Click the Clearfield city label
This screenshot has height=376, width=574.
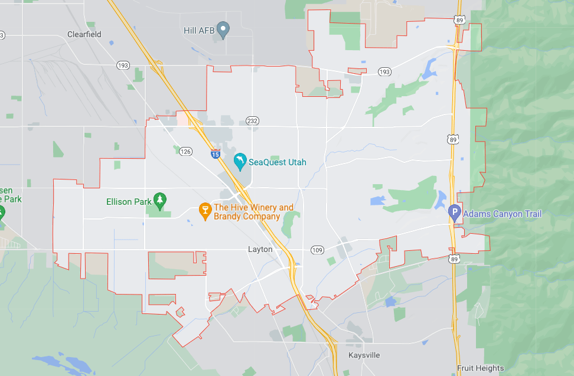(84, 34)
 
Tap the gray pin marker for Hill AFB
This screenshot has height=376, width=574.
(223, 29)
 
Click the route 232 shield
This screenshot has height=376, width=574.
(253, 121)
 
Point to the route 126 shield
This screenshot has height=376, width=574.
(186, 151)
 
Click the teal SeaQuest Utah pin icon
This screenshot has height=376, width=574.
(240, 161)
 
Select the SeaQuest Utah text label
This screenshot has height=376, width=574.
(278, 162)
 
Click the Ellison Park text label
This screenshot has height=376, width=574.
(129, 202)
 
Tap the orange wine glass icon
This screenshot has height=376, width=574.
(205, 211)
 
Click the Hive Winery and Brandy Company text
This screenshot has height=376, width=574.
(253, 212)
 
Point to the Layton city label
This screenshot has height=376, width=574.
(260, 250)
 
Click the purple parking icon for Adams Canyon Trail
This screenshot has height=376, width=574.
(455, 212)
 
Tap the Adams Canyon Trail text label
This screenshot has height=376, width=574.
(503, 214)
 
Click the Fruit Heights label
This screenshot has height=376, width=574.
(481, 368)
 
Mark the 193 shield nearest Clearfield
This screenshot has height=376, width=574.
(123, 65)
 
